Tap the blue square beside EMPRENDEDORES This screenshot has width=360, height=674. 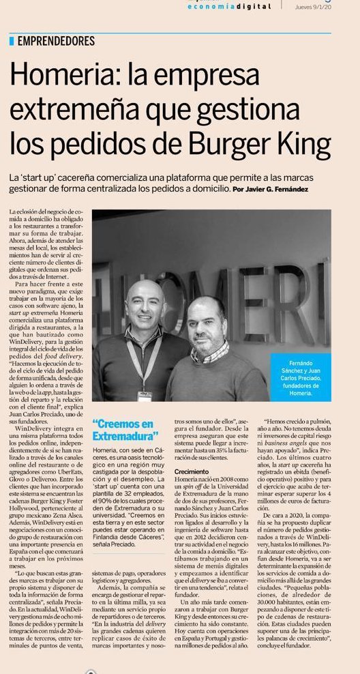pos(12,42)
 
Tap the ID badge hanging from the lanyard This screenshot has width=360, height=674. pos(145,396)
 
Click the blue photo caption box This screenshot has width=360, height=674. pos(301,375)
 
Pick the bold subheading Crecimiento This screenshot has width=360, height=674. pos(192,472)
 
